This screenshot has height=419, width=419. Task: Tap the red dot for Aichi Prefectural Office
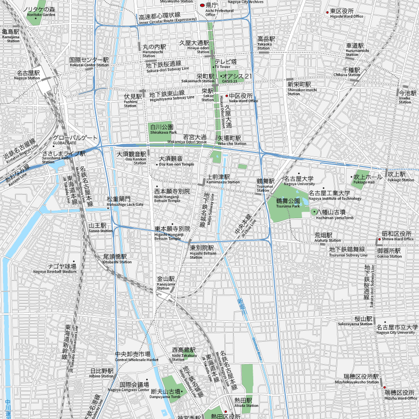202,5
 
